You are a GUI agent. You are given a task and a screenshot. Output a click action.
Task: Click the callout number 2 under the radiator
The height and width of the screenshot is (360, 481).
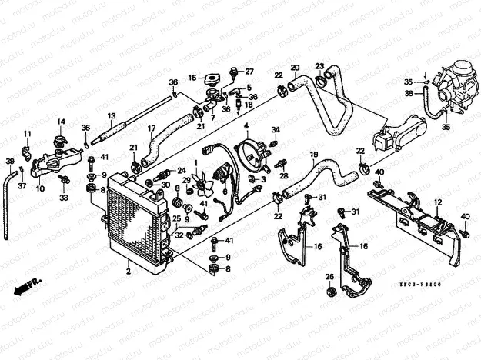pyautogui.click(x=129, y=272)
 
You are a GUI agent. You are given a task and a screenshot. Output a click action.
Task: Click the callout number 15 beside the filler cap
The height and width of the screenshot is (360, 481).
pyautogui.click(x=193, y=77)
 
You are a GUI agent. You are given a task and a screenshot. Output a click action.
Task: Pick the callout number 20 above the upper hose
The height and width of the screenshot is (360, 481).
pyautogui.click(x=294, y=68)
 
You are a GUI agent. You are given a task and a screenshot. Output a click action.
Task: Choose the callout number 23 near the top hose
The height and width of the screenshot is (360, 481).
pyautogui.click(x=319, y=66)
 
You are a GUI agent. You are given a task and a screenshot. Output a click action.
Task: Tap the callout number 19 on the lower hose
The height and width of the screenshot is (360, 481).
pyautogui.click(x=314, y=155)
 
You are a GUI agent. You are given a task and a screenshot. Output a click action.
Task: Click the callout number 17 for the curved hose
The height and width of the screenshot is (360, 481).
pyautogui.click(x=152, y=128)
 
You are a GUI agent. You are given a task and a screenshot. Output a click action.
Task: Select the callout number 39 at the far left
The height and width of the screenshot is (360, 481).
pyautogui.click(x=10, y=162)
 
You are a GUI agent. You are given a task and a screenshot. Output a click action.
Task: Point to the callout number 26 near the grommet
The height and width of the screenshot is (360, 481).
pyautogui.click(x=328, y=276)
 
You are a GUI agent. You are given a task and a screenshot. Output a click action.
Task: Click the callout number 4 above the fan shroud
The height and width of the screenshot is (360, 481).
pyautogui.click(x=246, y=125)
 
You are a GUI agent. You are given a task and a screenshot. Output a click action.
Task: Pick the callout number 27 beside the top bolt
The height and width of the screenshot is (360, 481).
pyautogui.click(x=249, y=72)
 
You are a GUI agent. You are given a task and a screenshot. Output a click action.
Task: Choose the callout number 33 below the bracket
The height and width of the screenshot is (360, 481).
pyautogui.click(x=64, y=198)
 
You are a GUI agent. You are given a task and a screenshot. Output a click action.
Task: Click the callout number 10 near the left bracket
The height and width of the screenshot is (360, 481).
pyautogui.click(x=40, y=188)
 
